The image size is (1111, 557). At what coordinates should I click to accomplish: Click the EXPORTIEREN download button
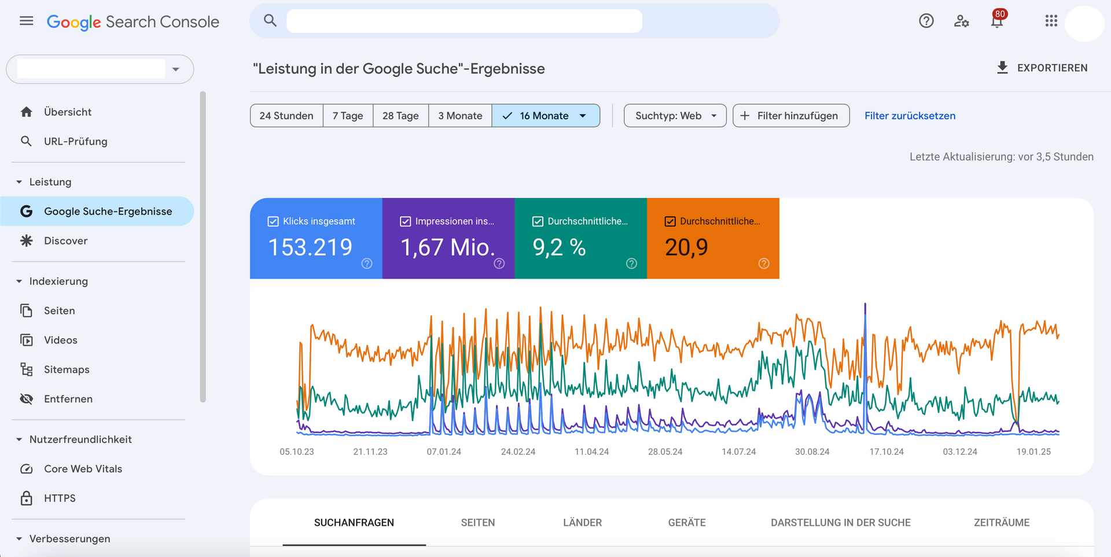click(x=1042, y=68)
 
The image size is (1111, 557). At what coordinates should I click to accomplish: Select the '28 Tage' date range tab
click(x=400, y=116)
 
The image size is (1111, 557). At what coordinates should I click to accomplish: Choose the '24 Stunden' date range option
click(x=286, y=116)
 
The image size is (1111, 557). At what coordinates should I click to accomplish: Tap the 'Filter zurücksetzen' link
click(x=910, y=116)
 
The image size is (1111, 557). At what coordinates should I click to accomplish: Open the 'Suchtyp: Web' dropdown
click(x=675, y=116)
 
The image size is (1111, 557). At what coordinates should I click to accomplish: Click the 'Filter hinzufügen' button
click(x=790, y=116)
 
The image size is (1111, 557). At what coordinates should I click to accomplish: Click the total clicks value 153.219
click(x=310, y=247)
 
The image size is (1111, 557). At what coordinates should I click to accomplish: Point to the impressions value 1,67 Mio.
click(x=448, y=247)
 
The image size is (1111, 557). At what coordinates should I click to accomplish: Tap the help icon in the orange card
click(x=764, y=263)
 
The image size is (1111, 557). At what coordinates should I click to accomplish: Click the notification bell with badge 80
click(x=996, y=21)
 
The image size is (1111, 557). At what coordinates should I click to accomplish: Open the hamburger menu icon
click(x=27, y=21)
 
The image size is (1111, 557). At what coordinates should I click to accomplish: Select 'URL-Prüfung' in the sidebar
click(x=75, y=141)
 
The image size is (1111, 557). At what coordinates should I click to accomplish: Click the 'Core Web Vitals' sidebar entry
click(x=83, y=469)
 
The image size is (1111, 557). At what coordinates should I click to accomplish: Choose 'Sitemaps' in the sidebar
click(x=67, y=369)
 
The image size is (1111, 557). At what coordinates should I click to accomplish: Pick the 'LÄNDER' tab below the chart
click(x=582, y=522)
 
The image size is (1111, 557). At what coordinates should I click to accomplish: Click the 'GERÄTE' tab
click(x=687, y=522)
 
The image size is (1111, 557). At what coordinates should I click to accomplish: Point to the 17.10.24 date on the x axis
click(x=886, y=452)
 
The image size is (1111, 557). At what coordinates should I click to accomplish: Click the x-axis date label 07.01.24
click(x=444, y=452)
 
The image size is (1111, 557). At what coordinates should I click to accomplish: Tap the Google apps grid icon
click(x=1051, y=21)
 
